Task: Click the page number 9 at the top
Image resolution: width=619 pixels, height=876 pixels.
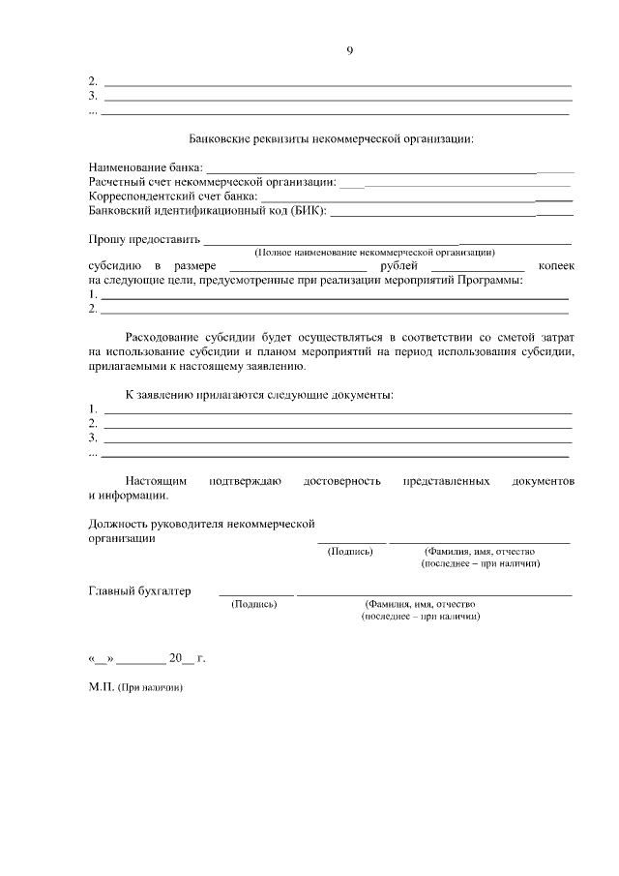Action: click(349, 51)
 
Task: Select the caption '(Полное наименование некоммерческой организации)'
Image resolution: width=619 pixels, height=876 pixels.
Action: click(374, 252)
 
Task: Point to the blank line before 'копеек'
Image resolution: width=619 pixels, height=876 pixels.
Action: click(477, 268)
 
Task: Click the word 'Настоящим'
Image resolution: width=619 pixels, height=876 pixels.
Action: click(156, 480)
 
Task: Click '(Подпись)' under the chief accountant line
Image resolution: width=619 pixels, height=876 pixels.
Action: click(254, 604)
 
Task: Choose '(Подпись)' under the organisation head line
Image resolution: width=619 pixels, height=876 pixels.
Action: click(351, 551)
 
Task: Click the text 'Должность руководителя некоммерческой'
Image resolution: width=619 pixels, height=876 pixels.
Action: click(202, 524)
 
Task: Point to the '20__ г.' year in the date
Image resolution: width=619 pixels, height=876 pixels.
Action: click(187, 659)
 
